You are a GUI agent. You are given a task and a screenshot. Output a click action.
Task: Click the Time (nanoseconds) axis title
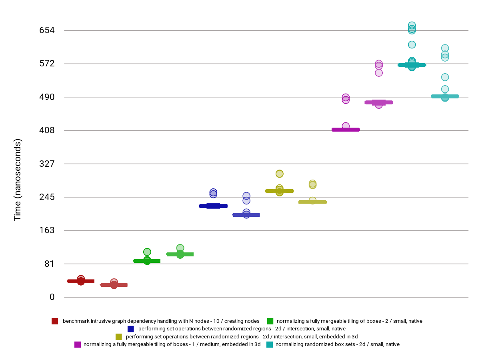18,180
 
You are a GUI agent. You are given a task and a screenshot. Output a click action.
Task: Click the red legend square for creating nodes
55,321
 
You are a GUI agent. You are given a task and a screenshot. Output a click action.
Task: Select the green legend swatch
270,321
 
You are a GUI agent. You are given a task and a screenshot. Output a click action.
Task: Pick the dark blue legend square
131,329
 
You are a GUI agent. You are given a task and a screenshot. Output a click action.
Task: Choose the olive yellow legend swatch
118,336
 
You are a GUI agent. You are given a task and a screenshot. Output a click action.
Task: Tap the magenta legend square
78,344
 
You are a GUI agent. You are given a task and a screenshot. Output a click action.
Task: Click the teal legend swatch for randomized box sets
270,344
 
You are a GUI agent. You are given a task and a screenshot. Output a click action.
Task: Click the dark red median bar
81,281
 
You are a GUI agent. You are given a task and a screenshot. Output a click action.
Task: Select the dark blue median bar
213,206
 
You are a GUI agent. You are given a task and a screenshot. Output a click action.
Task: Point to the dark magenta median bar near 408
346,130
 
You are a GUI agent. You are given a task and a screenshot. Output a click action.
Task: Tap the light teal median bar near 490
445,96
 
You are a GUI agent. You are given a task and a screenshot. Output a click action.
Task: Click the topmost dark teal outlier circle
412,26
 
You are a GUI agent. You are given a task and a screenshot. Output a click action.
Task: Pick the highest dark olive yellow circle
280,174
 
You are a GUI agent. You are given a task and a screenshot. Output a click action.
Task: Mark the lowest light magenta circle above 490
379,73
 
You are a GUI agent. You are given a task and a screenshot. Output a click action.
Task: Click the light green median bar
180,254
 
